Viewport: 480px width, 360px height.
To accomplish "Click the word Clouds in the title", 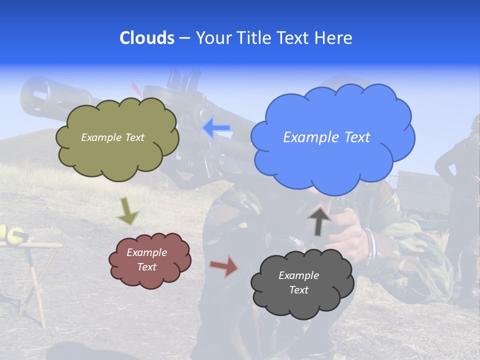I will pyautogui.click(x=146, y=38).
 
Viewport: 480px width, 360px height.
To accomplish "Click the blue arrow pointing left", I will pyautogui.click(x=216, y=128).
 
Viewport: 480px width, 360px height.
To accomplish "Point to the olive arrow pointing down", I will pyautogui.click(x=128, y=210).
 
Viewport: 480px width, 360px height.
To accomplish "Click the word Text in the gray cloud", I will pyautogui.click(x=298, y=290).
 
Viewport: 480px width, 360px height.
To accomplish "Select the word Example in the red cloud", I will pyautogui.click(x=146, y=252).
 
